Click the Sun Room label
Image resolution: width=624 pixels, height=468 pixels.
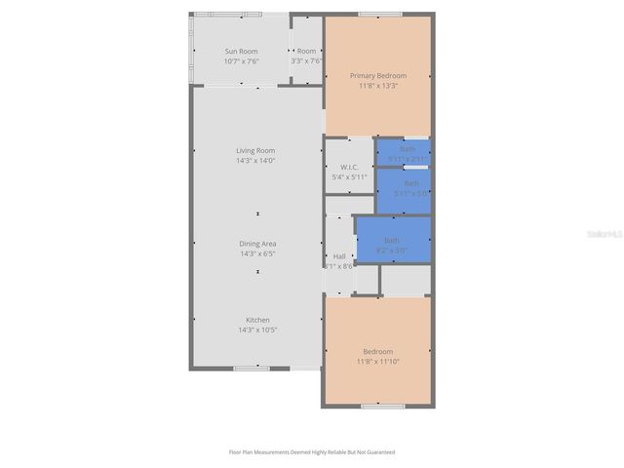tap(242, 51)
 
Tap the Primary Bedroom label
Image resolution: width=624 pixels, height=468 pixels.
tap(378, 75)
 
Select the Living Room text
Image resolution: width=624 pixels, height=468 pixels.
tap(255, 150)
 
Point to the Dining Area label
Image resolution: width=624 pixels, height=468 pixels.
tap(257, 244)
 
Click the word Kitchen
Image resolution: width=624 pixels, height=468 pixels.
tap(257, 320)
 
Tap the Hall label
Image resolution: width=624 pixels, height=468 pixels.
tap(339, 256)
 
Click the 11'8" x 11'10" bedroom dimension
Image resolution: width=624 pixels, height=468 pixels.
tap(378, 362)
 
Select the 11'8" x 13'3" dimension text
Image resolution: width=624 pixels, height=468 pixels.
tap(378, 86)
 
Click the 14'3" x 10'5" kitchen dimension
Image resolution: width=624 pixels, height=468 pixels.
tap(257, 331)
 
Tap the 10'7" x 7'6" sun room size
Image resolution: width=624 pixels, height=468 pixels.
tap(242, 61)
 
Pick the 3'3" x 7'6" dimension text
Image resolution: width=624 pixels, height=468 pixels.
tap(306, 61)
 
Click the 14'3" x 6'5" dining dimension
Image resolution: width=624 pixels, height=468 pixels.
tap(257, 253)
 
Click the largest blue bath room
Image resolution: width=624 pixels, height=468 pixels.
tap(392, 240)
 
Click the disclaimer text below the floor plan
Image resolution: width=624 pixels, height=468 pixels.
tap(311, 452)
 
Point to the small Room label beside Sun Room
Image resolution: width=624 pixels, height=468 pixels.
tap(306, 51)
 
